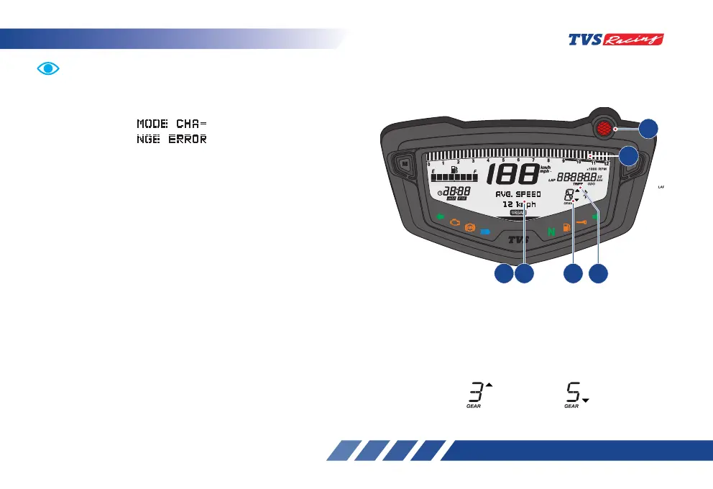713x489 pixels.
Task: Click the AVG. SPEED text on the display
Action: point(517,195)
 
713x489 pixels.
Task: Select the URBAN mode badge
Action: point(517,214)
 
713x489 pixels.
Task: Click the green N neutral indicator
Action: point(551,232)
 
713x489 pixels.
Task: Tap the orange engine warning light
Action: point(454,224)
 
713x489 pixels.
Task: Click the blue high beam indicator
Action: point(485,232)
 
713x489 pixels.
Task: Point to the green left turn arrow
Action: point(440,216)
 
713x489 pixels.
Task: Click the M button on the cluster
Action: point(405,163)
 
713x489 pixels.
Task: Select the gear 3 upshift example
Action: point(477,393)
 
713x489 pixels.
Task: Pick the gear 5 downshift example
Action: point(574,393)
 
